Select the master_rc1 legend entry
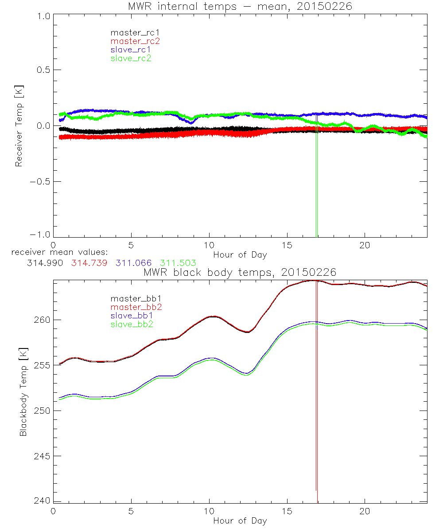click(131, 32)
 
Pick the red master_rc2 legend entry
click(135, 41)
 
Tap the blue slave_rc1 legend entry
click(131, 49)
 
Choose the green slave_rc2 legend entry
click(131, 58)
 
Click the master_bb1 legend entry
click(133, 298)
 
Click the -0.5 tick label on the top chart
click(40, 182)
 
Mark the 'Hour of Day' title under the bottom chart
click(240, 520)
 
